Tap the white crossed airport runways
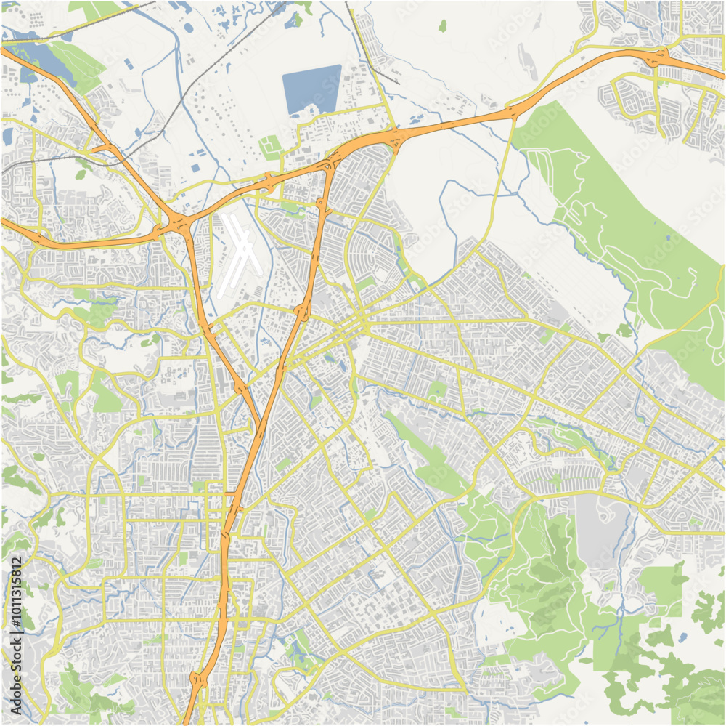click(x=240, y=254)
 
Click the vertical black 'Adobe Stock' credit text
click(x=16, y=676)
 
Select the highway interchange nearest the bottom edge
click(x=197, y=680)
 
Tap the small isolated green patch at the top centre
click(x=443, y=26)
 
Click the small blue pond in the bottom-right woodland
click(x=682, y=637)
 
